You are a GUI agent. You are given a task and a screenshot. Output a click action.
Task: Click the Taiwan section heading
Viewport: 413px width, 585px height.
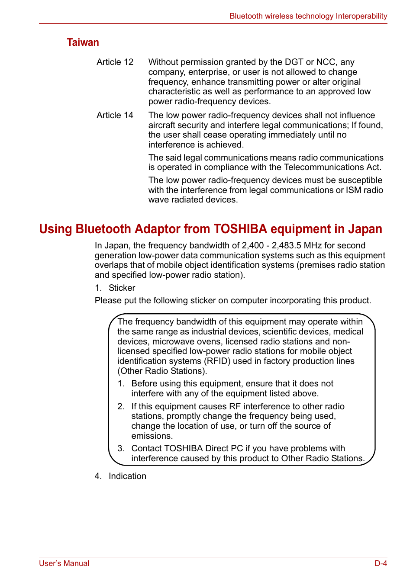click(x=83, y=42)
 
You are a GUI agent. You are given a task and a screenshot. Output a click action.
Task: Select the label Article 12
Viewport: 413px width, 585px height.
click(x=115, y=62)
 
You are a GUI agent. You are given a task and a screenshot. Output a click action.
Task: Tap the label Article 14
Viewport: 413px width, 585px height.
click(x=115, y=115)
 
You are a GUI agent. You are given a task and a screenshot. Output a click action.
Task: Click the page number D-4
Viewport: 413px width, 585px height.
click(x=381, y=563)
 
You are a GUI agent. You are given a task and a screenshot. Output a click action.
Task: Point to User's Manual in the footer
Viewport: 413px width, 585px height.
click(x=64, y=563)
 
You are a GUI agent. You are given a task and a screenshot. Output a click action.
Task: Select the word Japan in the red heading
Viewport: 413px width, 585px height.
click(x=365, y=229)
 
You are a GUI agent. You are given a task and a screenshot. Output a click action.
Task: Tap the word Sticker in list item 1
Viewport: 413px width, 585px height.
click(x=122, y=288)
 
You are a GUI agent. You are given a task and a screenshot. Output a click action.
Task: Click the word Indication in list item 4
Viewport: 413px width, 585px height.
click(x=127, y=476)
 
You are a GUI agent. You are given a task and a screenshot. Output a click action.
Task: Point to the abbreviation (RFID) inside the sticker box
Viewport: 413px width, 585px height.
click(x=217, y=361)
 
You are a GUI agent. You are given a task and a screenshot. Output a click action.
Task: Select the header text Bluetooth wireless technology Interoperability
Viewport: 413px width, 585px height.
click(x=308, y=16)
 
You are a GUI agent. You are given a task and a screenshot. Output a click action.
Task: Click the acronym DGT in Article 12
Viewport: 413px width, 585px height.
click(x=294, y=62)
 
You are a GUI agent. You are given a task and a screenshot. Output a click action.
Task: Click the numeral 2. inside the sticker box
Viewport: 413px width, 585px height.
click(x=121, y=406)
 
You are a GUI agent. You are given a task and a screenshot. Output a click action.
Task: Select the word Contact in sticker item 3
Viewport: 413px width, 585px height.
click(x=146, y=448)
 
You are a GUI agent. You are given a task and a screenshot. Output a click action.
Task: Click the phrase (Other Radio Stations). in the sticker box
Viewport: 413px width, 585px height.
click(x=162, y=371)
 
